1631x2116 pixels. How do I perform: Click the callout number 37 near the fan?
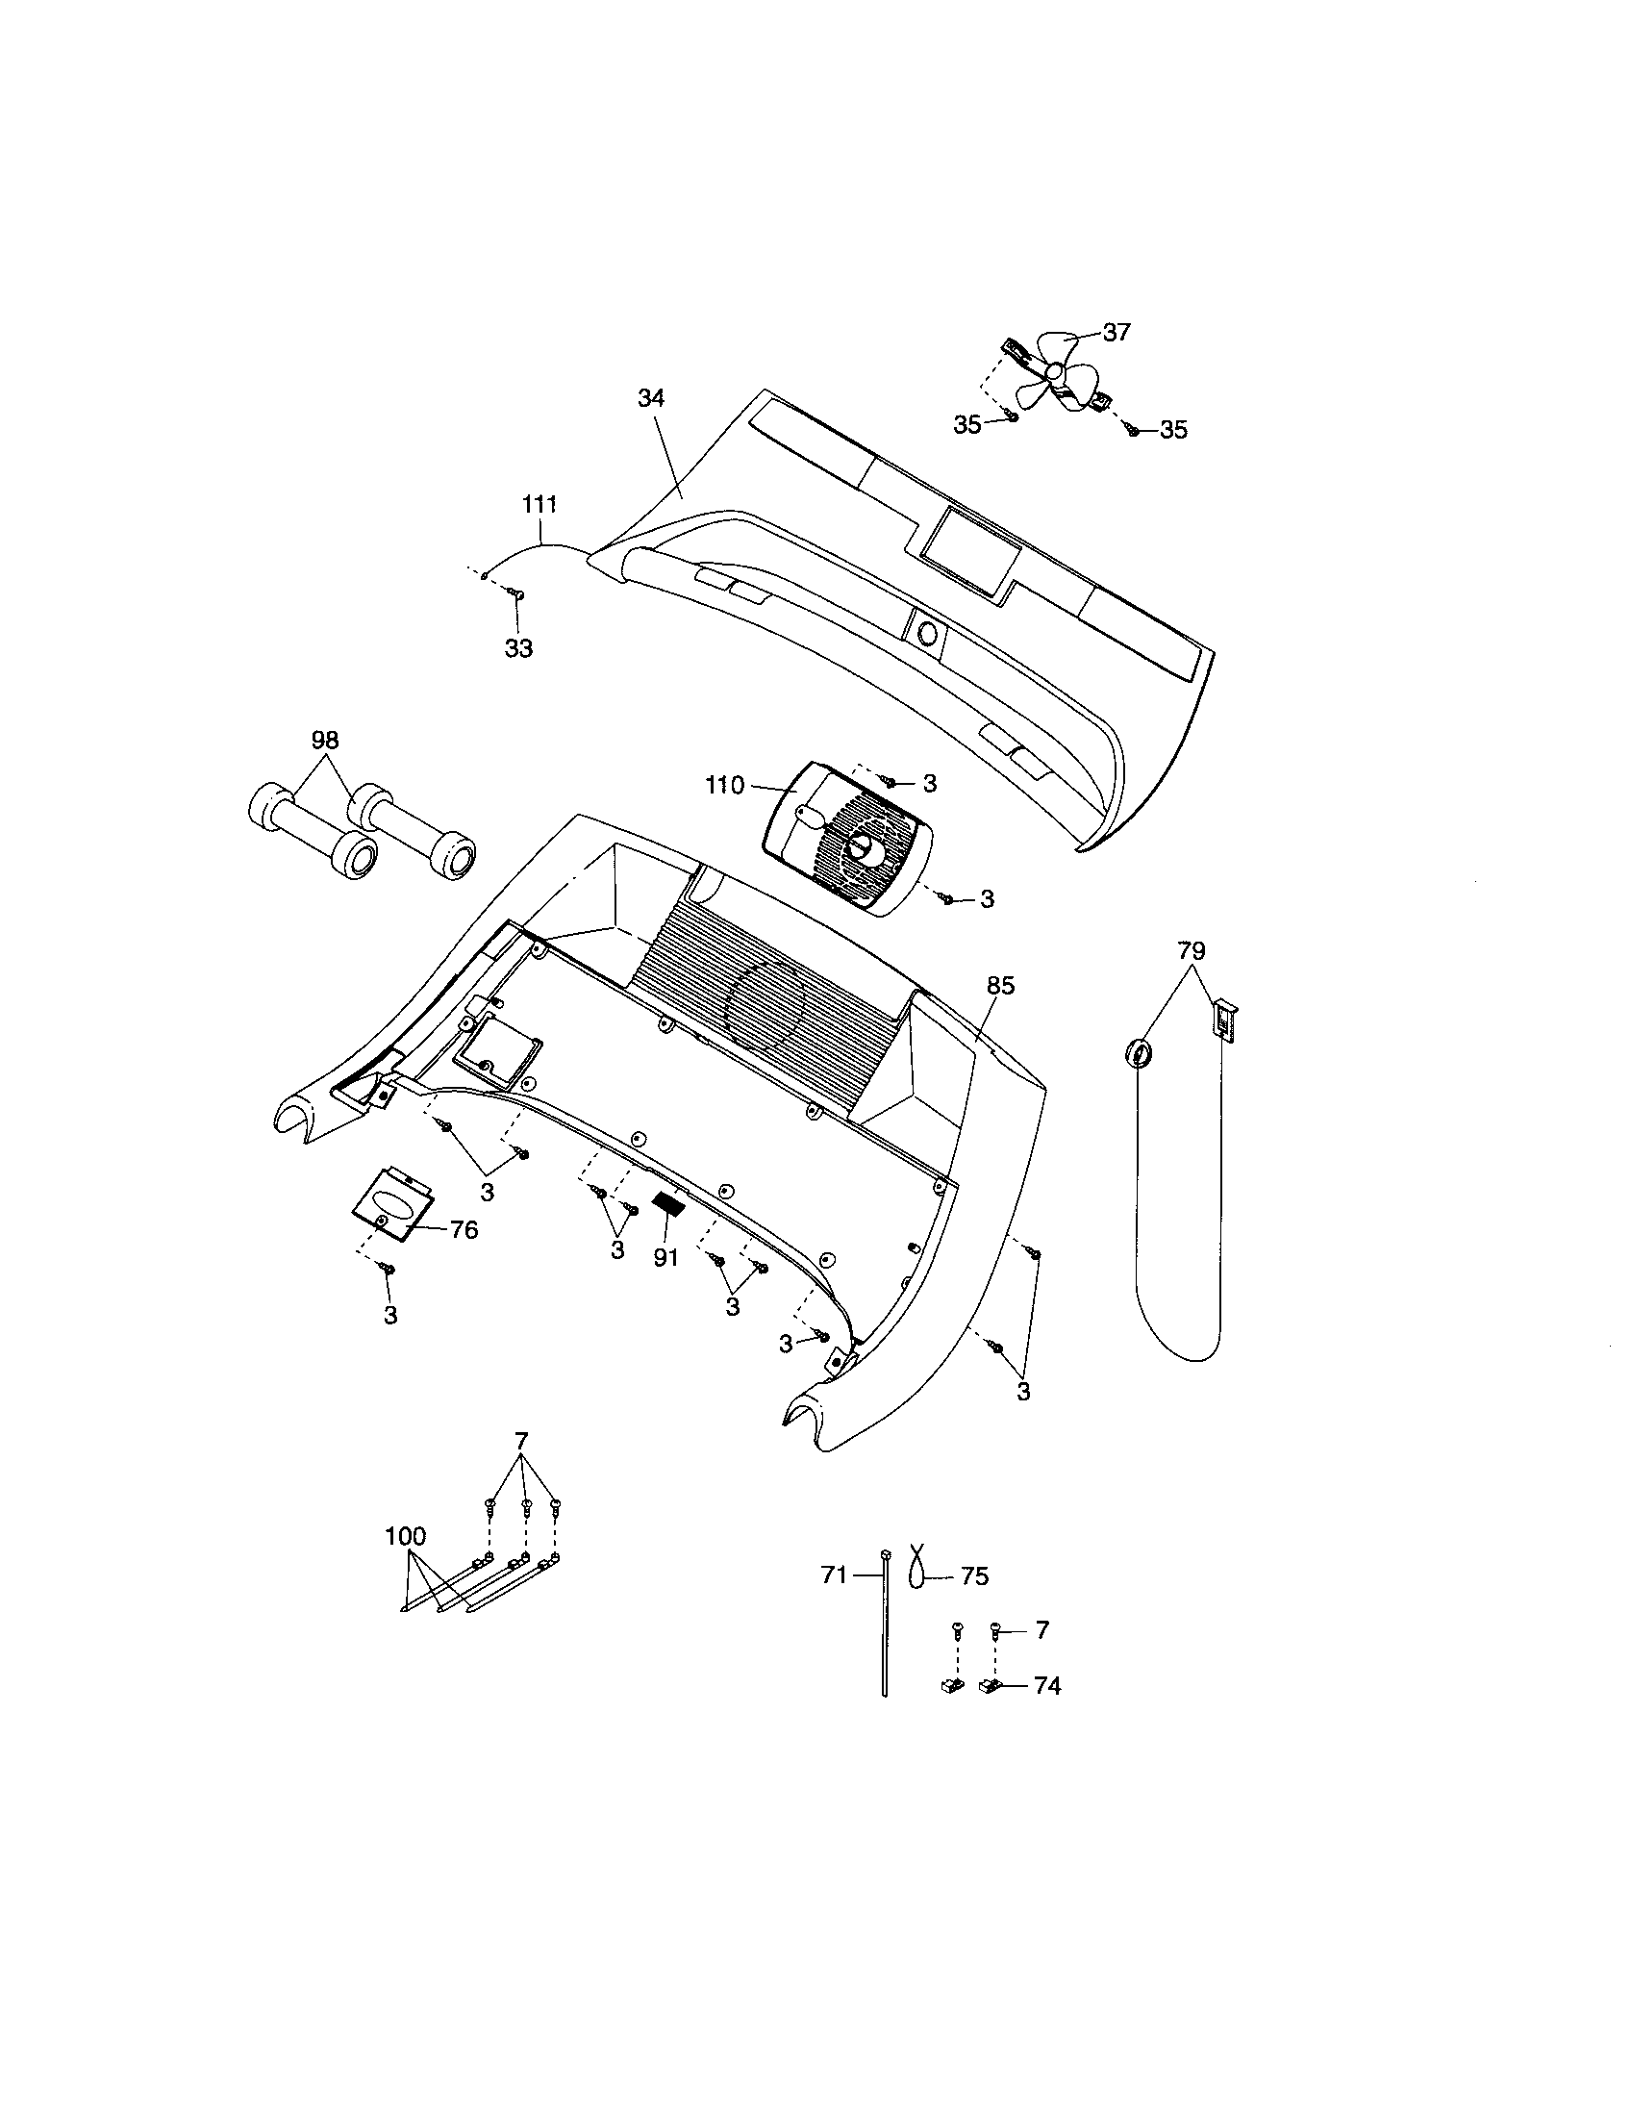[1117, 333]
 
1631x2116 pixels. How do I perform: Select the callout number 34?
[651, 397]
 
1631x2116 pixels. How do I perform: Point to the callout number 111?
[539, 504]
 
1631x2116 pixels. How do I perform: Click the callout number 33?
[519, 649]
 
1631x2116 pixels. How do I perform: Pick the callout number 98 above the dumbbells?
[324, 741]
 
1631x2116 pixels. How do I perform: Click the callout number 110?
[724, 785]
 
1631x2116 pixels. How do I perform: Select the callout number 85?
[1000, 985]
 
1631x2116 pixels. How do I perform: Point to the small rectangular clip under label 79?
[1225, 1021]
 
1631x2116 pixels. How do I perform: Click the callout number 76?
[464, 1229]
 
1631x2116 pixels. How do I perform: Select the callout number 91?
[665, 1258]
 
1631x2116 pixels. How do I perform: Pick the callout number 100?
[405, 1536]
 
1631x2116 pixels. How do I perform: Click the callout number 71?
[834, 1575]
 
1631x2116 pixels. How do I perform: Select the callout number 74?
[1047, 1686]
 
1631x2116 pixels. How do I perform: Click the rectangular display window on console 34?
[969, 549]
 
